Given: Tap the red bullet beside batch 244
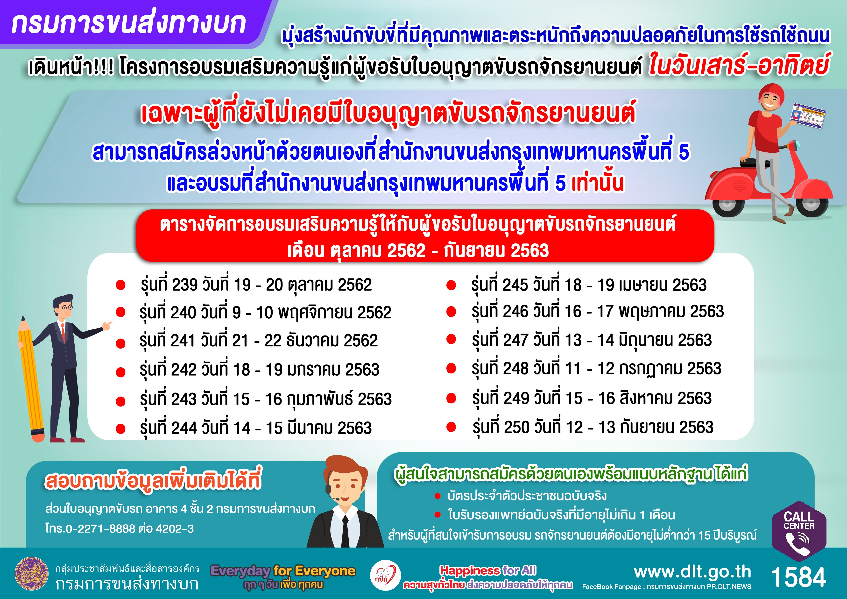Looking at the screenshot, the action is click(121, 428).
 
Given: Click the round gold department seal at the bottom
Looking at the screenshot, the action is click(32, 574).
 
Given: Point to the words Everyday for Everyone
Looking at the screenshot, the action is click(283, 571).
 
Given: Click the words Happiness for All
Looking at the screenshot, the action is click(488, 570).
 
